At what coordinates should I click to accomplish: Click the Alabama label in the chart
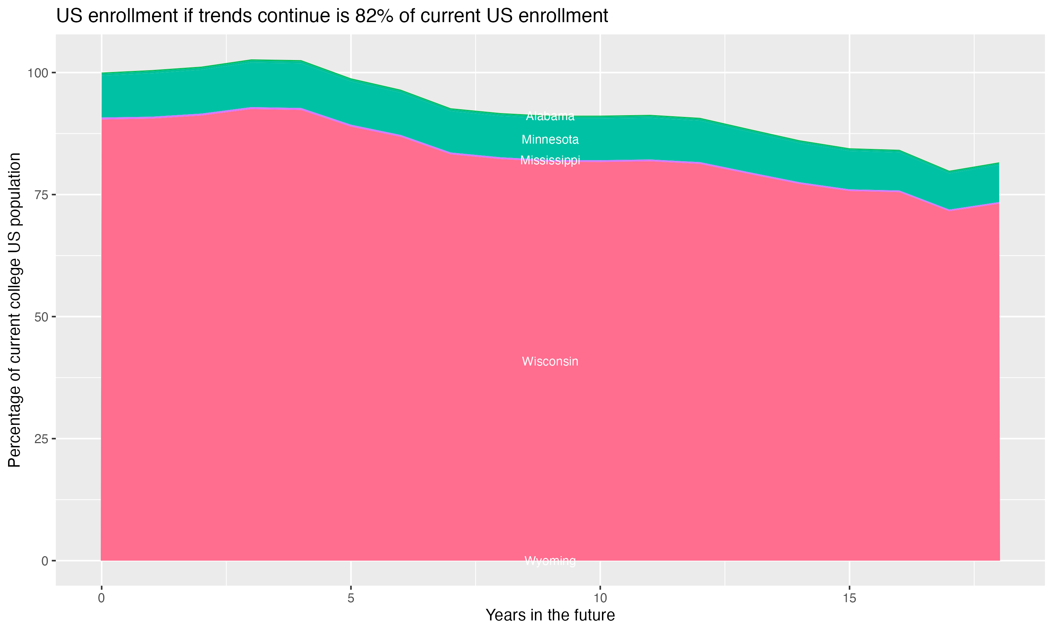click(x=550, y=116)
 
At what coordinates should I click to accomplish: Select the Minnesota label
click(x=550, y=139)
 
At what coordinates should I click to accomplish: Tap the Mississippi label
click(x=550, y=160)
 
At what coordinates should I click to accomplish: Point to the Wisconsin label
click(x=550, y=361)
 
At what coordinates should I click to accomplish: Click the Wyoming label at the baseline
click(x=550, y=560)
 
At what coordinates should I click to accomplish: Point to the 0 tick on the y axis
click(x=44, y=561)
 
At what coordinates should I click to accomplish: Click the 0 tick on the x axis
click(x=101, y=598)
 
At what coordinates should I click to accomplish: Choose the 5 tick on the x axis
click(x=351, y=598)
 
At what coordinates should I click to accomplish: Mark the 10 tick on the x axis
click(x=600, y=598)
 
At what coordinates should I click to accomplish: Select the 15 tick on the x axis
click(x=849, y=598)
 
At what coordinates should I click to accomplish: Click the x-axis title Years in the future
click(x=550, y=615)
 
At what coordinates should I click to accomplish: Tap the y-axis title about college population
click(x=14, y=310)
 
